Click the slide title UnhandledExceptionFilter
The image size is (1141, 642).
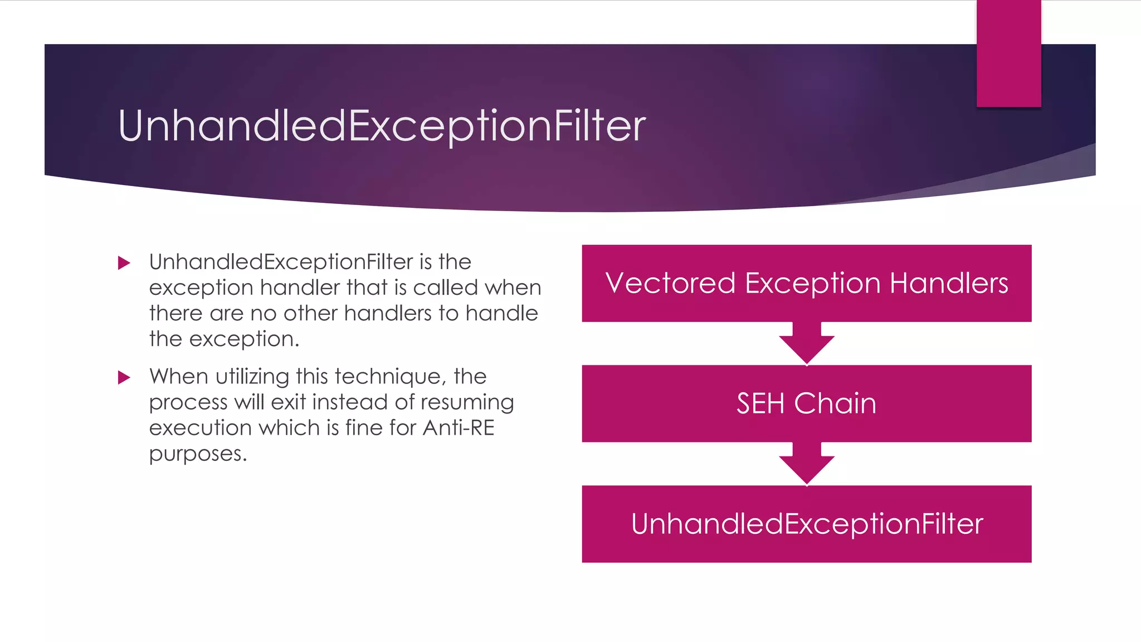382,126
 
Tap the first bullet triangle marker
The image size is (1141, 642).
124,262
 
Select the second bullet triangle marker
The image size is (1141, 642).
124,377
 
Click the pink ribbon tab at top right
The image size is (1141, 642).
1008,53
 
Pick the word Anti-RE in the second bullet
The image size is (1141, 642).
459,428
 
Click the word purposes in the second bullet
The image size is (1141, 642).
198,454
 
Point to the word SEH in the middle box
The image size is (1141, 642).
760,403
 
